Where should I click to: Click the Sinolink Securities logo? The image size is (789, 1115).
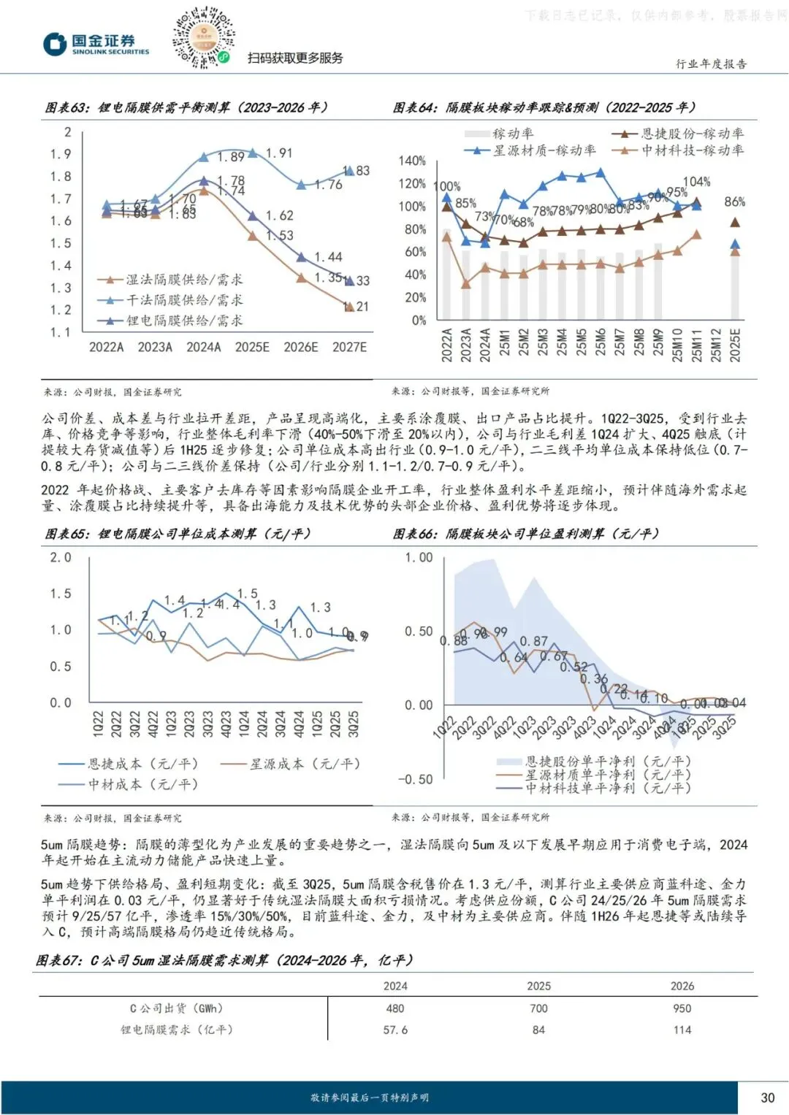coord(96,45)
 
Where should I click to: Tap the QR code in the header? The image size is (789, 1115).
coord(204,37)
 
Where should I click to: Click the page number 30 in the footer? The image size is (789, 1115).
coord(767,1097)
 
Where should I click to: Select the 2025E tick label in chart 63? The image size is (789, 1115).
coord(252,347)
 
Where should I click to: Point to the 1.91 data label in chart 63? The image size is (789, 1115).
coord(279,153)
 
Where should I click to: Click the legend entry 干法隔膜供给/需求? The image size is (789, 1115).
coord(184,300)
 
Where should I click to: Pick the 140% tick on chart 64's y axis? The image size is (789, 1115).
coord(412,161)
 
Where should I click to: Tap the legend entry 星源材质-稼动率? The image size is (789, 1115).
coord(544,150)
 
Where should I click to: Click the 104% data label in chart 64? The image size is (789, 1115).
coord(696,182)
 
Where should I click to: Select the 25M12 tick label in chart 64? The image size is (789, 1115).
coord(716,345)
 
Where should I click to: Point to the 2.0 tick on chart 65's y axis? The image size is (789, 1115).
coord(61,557)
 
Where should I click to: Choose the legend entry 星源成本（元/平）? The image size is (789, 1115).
coord(305,764)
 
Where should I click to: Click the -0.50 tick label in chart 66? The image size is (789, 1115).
coord(416,779)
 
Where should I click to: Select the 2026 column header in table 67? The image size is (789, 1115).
coord(682,986)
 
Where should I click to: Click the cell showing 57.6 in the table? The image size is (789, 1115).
coord(395,1030)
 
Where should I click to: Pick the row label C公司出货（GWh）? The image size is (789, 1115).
coord(176,1008)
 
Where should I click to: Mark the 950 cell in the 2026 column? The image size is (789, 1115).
coord(682,1008)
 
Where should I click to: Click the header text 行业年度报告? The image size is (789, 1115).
coord(711,64)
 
